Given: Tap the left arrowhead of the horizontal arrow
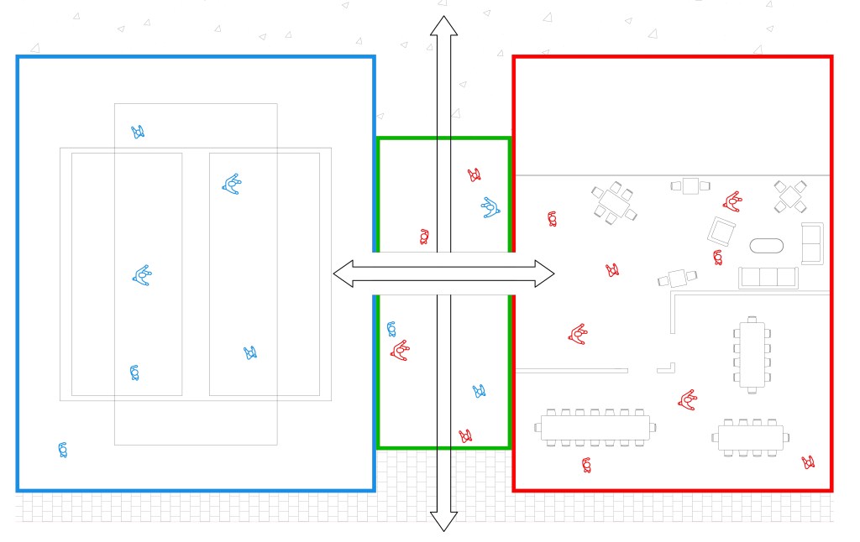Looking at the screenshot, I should tap(343, 273).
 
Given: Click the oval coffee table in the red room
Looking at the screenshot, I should tap(766, 247).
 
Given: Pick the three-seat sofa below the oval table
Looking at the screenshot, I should tap(768, 277).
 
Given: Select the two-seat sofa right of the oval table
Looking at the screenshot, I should tap(811, 243).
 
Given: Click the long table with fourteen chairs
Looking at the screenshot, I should tap(593, 428).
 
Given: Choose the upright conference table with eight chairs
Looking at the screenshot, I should tap(752, 352).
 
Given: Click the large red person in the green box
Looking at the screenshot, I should tap(400, 349).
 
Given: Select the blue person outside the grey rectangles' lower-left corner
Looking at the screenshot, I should tap(63, 450).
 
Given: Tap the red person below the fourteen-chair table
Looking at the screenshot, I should tap(586, 464).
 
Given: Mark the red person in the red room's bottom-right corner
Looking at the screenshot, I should tap(808, 461).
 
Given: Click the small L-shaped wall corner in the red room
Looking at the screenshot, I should tap(669, 367).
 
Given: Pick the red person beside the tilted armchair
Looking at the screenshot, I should tap(718, 258).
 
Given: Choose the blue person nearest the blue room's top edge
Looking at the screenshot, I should tap(138, 132).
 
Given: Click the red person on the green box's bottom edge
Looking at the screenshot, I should tap(464, 436).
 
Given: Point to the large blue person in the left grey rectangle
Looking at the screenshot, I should tap(143, 274).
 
